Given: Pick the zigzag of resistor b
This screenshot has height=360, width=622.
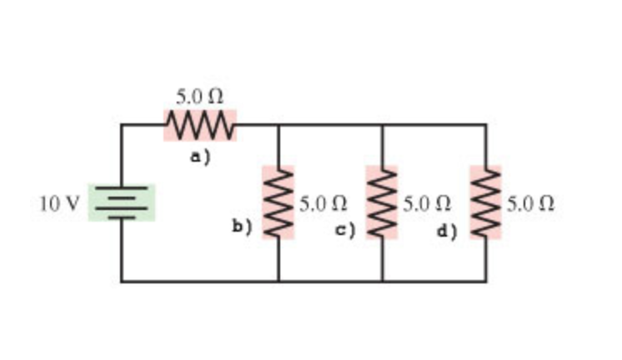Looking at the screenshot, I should tap(278, 202).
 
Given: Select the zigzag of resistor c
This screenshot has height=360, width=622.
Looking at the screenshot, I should tap(383, 202).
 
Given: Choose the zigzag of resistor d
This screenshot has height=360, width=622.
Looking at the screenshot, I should tap(486, 202).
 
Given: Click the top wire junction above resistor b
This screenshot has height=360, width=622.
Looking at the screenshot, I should tap(278, 126).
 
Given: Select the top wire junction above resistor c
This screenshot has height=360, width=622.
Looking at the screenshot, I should tap(383, 126).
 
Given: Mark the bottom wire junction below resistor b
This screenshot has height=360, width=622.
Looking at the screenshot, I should tap(278, 281).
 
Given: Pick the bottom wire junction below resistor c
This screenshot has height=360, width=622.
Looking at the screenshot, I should tap(383, 281).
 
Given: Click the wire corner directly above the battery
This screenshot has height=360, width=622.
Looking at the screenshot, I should tap(122, 126).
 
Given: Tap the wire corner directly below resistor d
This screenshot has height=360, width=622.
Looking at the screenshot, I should tap(486, 281).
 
